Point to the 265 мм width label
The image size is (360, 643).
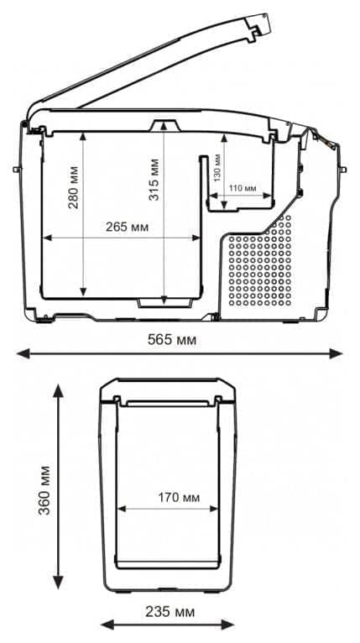coord(128,227)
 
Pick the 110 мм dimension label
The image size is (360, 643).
coord(243,187)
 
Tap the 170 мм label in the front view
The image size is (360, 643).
coord(179,497)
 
